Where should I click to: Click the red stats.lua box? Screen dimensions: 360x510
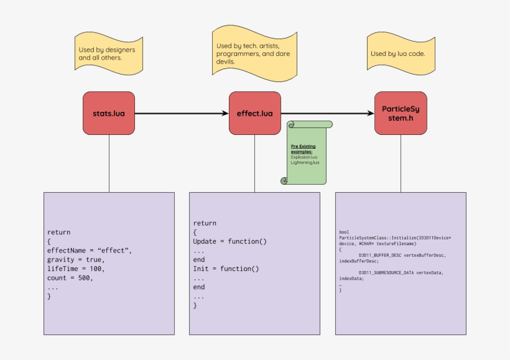[109, 113]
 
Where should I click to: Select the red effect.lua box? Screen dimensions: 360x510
[254, 113]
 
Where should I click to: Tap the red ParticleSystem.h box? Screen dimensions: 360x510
[401, 113]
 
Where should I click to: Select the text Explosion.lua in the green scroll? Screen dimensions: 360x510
[304, 157]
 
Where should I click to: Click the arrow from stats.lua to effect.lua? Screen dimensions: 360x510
[180, 113]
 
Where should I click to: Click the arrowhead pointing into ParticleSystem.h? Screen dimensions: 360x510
[371, 113]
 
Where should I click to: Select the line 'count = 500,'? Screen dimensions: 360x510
[70, 278]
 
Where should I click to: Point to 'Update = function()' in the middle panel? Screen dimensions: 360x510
[229, 241]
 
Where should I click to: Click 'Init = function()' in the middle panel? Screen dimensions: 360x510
[225, 269]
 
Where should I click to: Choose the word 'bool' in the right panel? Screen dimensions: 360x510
[344, 231]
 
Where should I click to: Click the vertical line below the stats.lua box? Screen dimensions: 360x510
[109, 163]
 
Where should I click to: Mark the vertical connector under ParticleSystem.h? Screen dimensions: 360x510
[401, 163]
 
